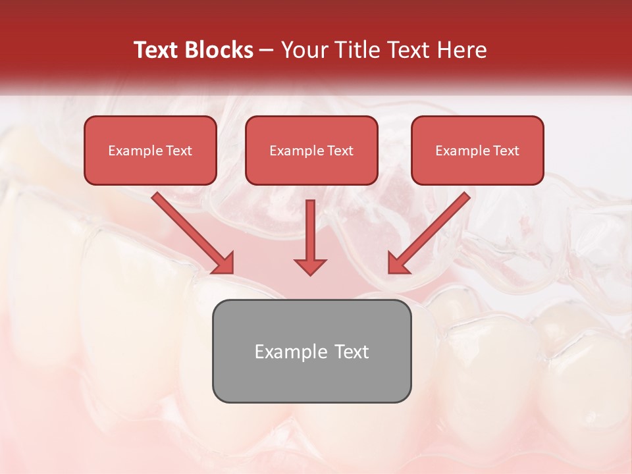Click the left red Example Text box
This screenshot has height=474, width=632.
point(150,150)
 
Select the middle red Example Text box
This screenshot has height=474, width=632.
point(311,150)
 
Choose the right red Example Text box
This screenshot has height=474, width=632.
point(477,150)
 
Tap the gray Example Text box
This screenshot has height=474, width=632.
point(311,351)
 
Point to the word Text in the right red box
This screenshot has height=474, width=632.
point(506,151)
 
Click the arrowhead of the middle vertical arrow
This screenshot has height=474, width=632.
point(310,266)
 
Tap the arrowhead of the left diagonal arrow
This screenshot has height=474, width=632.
point(224,263)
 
